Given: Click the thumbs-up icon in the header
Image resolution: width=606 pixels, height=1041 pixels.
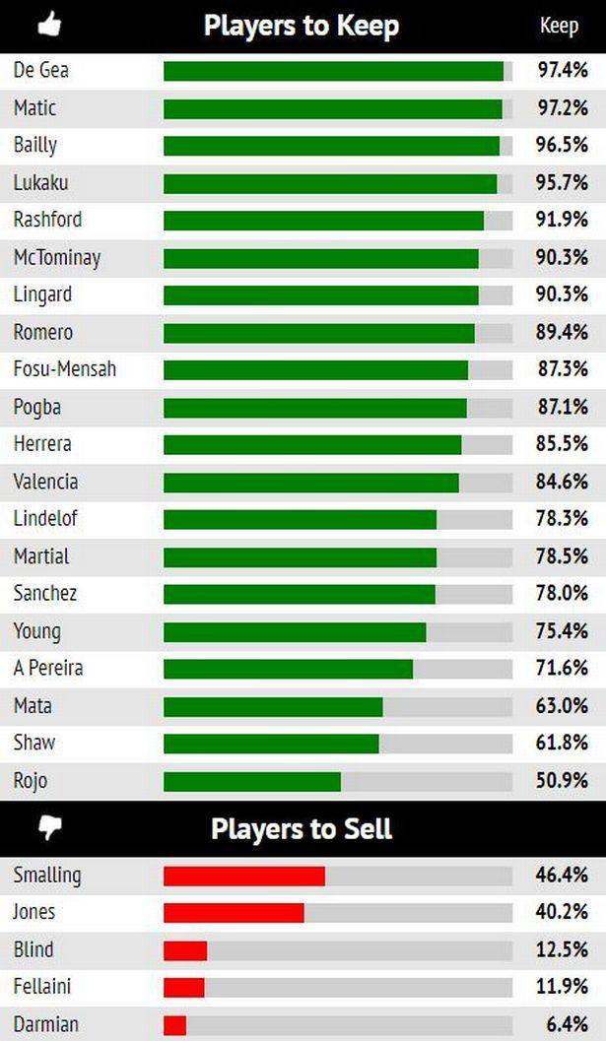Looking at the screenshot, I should (48, 24).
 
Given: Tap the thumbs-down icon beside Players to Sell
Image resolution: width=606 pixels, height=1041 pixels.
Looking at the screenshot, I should (48, 828).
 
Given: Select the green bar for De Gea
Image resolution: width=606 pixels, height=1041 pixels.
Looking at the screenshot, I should (333, 71).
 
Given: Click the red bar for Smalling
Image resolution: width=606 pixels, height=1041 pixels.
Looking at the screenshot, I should (243, 876).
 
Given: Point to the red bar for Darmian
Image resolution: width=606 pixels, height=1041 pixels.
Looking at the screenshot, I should (174, 1024).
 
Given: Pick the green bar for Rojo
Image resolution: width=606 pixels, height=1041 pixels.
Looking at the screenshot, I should (251, 781).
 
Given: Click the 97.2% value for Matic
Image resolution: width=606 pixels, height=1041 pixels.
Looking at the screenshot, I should (562, 107).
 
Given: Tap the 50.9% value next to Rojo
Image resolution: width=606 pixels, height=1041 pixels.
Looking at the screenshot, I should (562, 781).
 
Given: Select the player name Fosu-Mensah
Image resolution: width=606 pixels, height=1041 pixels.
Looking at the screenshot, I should (65, 369).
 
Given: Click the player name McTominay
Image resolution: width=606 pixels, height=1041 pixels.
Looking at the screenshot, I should (57, 258).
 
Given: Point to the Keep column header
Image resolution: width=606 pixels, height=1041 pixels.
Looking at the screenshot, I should (559, 26).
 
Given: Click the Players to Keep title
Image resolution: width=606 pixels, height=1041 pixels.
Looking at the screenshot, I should (301, 26).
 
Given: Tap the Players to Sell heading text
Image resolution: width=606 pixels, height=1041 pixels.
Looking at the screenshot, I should (301, 829).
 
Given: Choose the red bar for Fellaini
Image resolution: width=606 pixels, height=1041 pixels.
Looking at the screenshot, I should (183, 987).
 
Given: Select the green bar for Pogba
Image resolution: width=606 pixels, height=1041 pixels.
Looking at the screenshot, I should (314, 408).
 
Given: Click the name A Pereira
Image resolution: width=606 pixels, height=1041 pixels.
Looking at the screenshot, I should (48, 668).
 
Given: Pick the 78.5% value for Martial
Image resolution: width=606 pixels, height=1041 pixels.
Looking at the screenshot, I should (562, 556).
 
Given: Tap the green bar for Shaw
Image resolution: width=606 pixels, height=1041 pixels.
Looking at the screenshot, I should (271, 744).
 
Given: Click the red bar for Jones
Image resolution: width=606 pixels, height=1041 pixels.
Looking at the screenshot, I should (234, 913).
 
